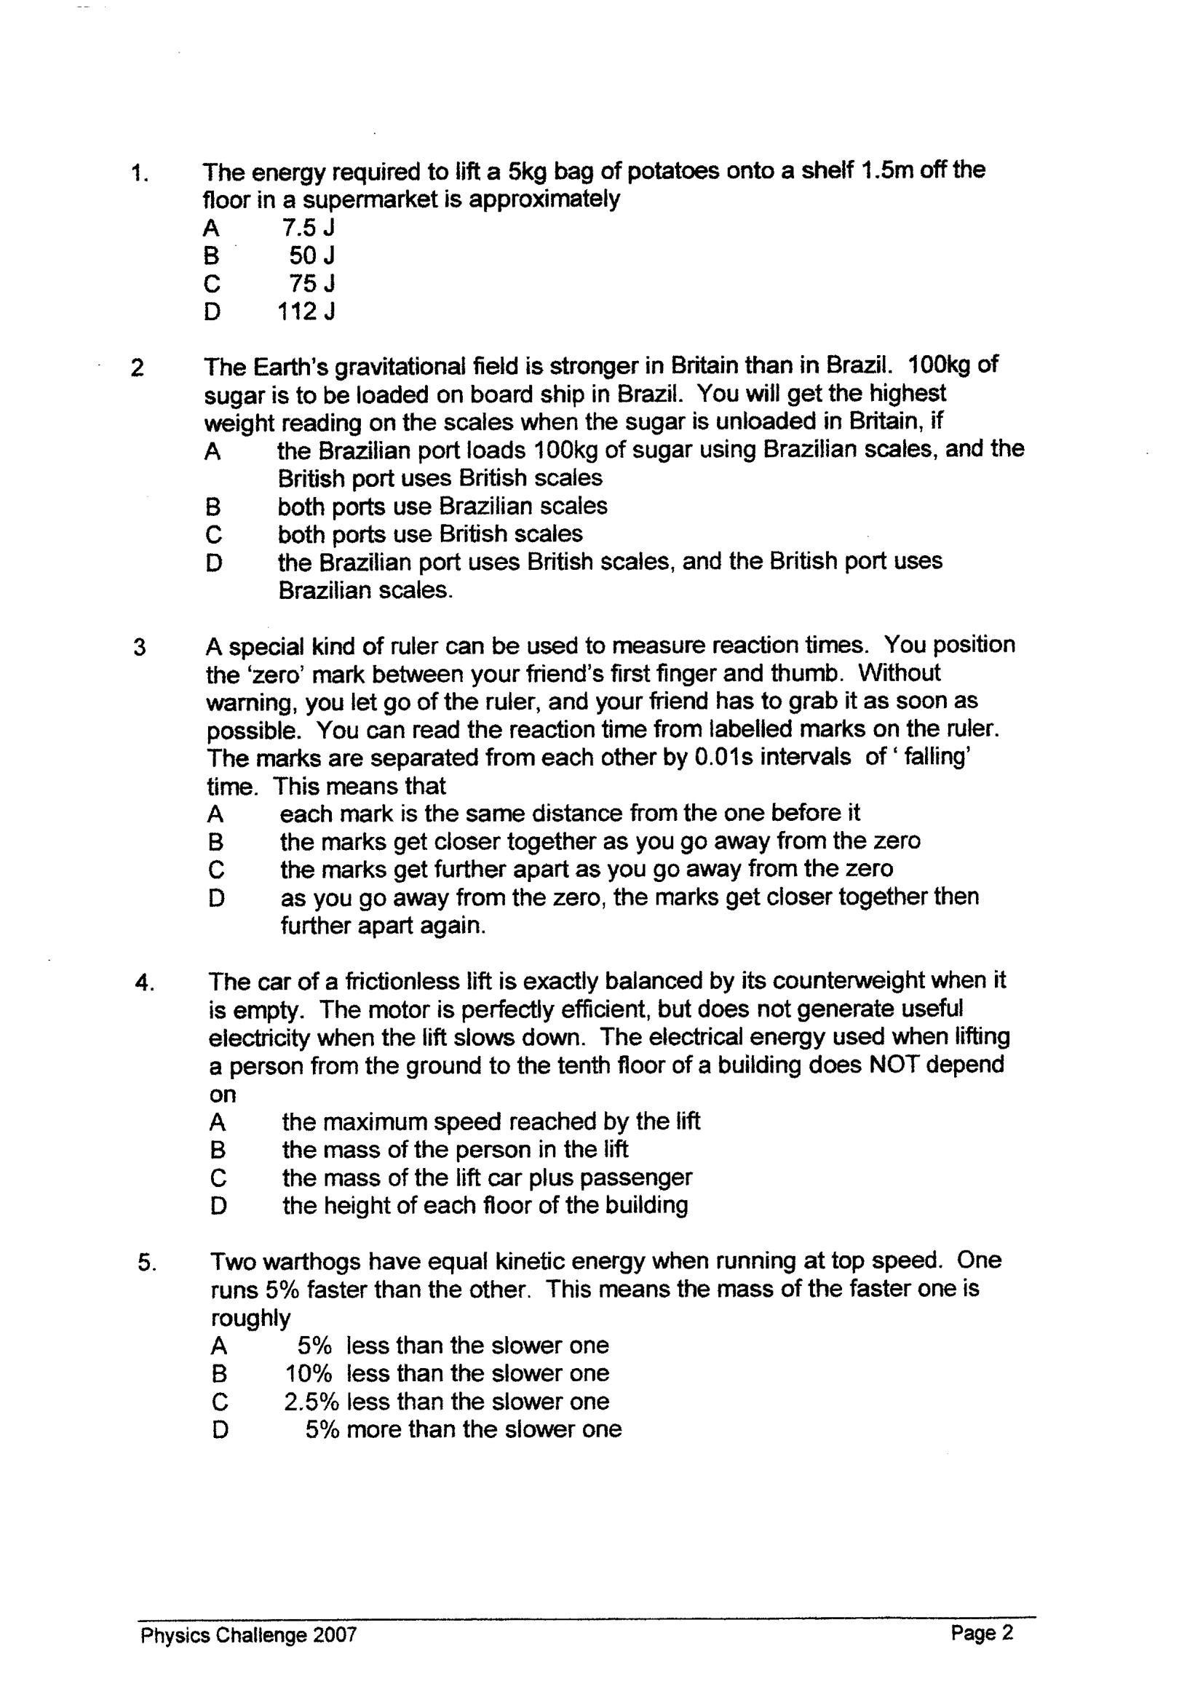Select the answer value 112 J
tap(306, 312)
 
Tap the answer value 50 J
tap(312, 255)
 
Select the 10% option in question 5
tap(308, 1373)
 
